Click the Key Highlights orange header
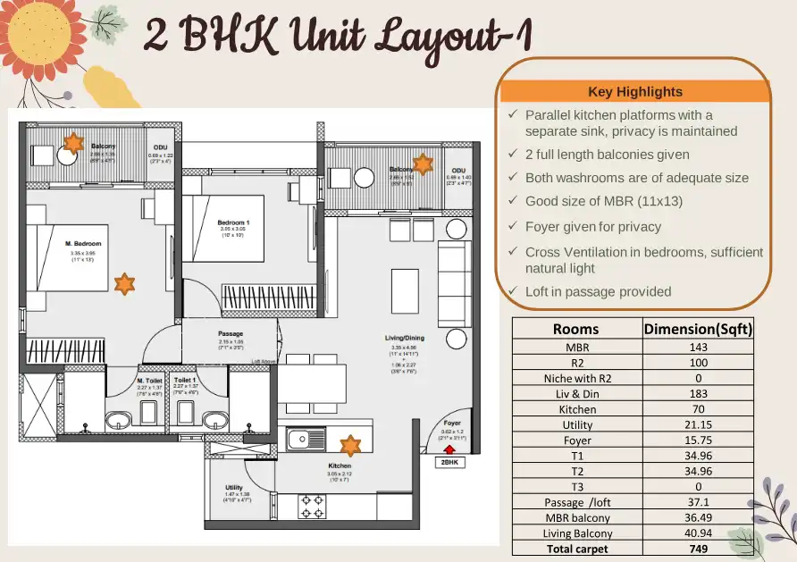point(635,91)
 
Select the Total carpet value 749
point(699,549)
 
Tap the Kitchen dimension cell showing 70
point(699,409)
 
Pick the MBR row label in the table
point(577,347)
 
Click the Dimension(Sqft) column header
point(699,329)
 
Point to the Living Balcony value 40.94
point(699,533)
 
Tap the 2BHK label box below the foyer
point(449,463)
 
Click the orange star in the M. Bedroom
point(125,283)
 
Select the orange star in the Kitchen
point(350,444)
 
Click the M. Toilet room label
point(149,380)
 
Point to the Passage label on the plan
point(231,334)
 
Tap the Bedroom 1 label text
point(234,222)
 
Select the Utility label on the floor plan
point(234,488)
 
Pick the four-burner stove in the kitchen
point(314,507)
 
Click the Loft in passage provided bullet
point(598,291)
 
